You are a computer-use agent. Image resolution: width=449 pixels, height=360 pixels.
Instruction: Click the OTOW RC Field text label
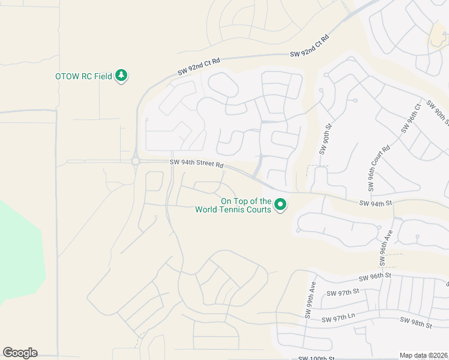(83, 76)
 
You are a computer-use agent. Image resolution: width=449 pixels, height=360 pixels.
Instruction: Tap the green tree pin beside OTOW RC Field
(122, 76)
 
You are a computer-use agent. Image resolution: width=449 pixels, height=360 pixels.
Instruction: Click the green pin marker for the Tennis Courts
(280, 205)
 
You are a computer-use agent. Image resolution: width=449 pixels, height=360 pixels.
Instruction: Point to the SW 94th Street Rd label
(196, 163)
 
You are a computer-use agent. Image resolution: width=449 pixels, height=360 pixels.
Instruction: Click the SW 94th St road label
(375, 203)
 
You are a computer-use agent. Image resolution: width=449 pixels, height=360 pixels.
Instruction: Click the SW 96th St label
(375, 277)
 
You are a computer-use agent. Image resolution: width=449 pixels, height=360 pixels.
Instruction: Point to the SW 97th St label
(342, 292)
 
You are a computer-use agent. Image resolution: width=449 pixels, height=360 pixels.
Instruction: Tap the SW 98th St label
(417, 323)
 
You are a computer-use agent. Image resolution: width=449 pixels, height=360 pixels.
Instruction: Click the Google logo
(20, 353)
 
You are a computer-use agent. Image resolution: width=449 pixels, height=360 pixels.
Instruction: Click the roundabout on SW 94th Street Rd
(136, 161)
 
